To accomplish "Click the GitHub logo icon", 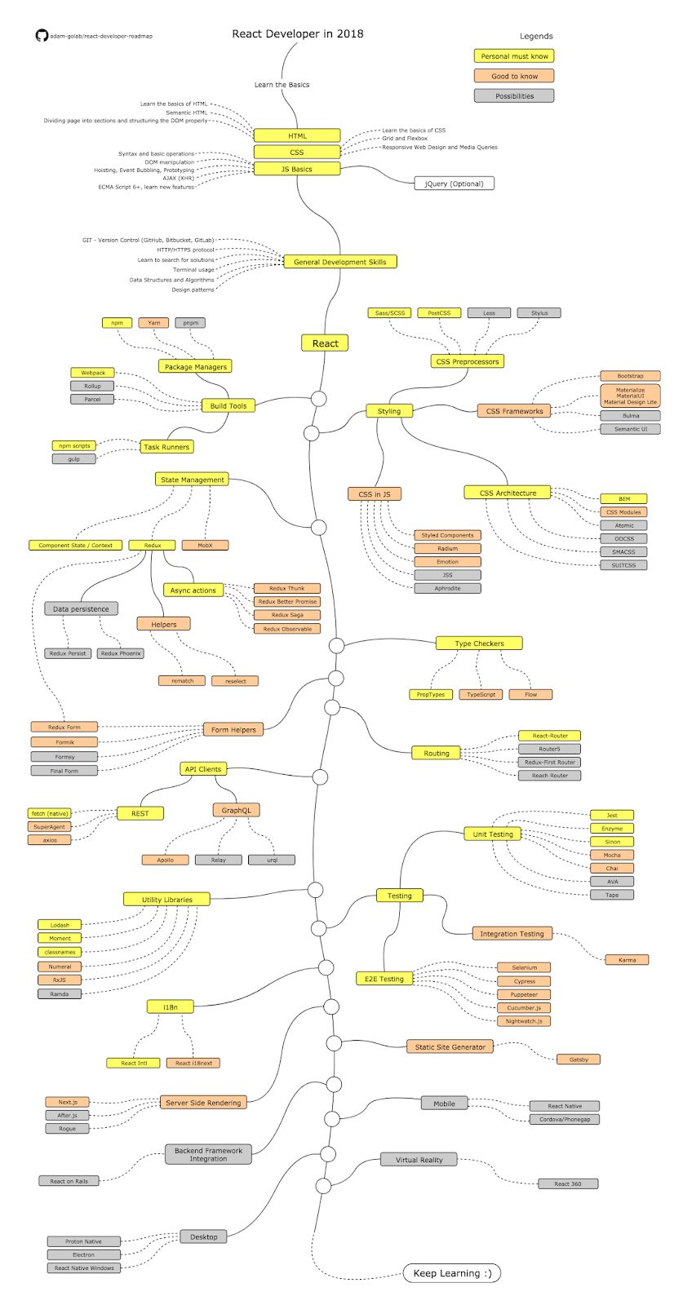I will click(42, 36).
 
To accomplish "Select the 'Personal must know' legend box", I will click(514, 56).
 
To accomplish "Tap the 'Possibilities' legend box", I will click(514, 96).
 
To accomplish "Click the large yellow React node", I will click(325, 343).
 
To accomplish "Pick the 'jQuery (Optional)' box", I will click(454, 184).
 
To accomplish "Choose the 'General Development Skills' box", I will click(340, 262).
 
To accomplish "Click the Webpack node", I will click(93, 373).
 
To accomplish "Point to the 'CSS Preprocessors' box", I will click(467, 361).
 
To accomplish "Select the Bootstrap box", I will click(630, 376).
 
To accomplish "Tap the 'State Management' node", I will click(192, 480).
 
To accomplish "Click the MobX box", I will click(205, 545).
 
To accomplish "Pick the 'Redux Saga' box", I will click(286, 615).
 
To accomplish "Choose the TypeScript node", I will click(481, 694).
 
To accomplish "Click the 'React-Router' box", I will click(550, 736).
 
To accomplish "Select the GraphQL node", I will click(237, 810).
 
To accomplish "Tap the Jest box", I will click(612, 815).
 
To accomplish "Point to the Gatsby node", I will click(579, 1059).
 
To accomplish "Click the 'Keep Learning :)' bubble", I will click(452, 1273).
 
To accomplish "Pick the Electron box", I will click(83, 1254).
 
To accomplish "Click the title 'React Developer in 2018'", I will click(298, 33).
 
